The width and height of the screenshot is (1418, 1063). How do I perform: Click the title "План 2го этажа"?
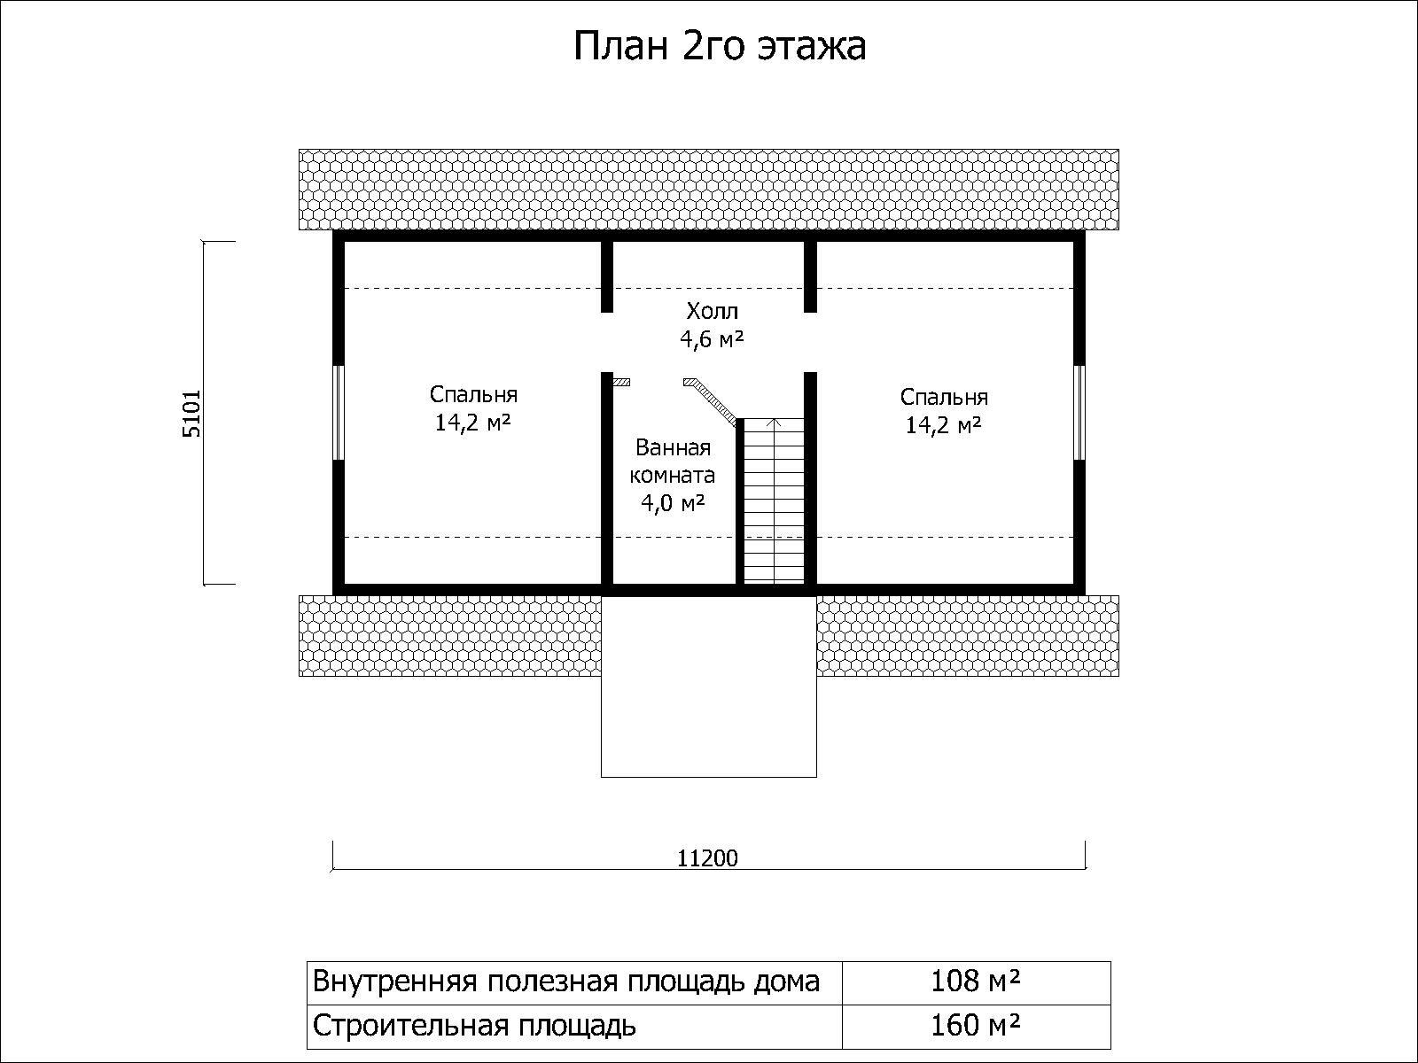(720, 47)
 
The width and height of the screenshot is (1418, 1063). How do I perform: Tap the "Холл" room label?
(712, 311)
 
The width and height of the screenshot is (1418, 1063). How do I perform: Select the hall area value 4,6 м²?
(712, 339)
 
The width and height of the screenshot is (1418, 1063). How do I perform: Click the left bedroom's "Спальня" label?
(473, 395)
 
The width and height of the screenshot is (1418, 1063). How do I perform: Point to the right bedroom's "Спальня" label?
(944, 398)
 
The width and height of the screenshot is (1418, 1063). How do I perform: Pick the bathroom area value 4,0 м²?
(673, 503)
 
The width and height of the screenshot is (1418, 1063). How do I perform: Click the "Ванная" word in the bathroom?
(674, 447)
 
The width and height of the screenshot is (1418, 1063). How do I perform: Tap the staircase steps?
(774, 500)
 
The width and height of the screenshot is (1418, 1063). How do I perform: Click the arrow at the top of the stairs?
(775, 423)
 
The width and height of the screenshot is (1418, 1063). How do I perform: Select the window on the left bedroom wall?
(338, 413)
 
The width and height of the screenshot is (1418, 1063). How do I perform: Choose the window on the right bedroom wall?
(1079, 413)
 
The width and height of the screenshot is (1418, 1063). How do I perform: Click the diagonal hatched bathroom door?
(710, 401)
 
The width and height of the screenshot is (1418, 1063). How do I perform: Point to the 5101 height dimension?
(191, 414)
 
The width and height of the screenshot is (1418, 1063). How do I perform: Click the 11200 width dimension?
(707, 857)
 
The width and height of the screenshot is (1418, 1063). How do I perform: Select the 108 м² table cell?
(976, 982)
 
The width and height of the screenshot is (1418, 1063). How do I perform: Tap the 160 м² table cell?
(976, 1026)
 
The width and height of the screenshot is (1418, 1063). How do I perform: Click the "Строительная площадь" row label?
(474, 1026)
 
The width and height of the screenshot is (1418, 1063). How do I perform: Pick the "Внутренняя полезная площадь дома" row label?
(566, 982)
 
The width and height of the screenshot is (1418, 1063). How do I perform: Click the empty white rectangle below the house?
(709, 686)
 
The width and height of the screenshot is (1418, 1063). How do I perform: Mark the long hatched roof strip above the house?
(709, 190)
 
